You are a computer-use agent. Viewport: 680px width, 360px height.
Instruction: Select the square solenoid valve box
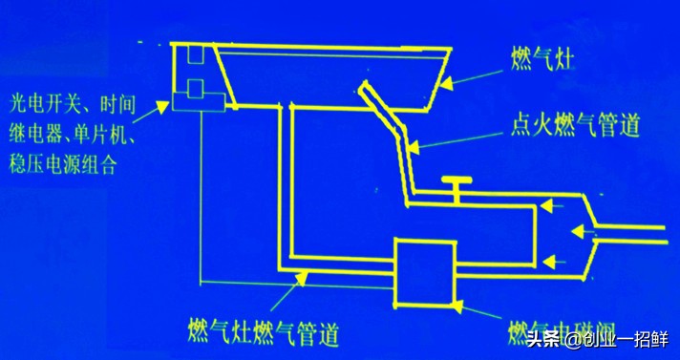pos(423,271)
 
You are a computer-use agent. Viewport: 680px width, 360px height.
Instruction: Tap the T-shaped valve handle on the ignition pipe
pos(457,181)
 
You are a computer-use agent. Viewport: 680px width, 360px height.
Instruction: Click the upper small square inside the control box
pos(194,56)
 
